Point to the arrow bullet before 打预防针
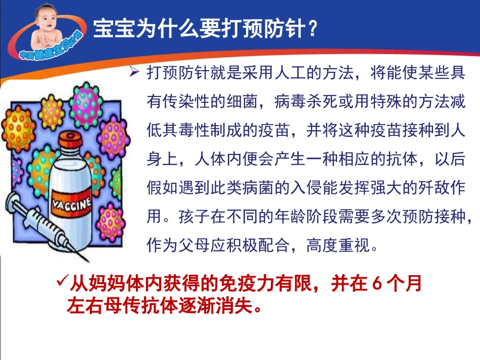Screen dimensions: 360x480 pos(134,73)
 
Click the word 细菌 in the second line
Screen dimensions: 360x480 pos(242,102)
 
